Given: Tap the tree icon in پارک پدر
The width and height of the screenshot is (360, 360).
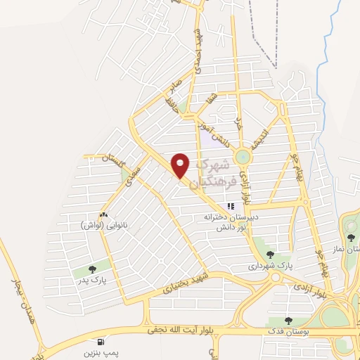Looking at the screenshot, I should [x=94, y=268].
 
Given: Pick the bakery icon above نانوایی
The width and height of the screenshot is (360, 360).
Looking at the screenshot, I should [x=104, y=214].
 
